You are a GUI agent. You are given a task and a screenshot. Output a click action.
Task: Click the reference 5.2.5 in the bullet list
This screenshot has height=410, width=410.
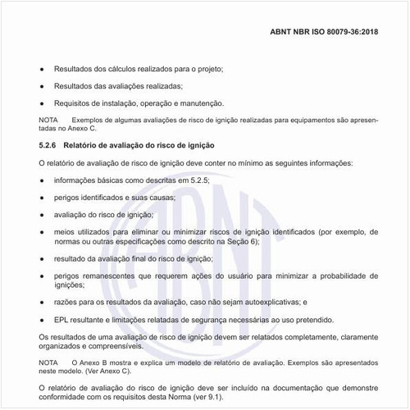point(198,180)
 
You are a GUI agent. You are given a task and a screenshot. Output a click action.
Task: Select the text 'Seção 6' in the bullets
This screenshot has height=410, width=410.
point(242,242)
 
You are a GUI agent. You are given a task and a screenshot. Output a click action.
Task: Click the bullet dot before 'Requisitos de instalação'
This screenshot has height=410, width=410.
point(42,103)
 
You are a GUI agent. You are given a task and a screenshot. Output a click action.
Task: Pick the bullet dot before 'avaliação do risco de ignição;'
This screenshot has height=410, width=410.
point(42,214)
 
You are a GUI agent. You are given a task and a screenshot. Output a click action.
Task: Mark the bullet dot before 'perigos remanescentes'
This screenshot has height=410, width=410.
point(42,276)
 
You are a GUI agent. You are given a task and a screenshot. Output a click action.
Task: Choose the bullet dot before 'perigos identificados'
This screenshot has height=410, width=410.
point(42,197)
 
